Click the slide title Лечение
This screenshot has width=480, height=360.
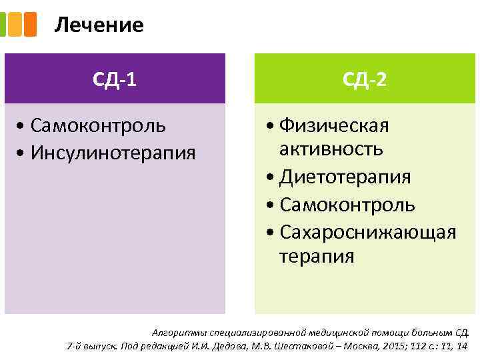99,25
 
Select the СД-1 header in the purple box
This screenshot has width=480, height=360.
115,80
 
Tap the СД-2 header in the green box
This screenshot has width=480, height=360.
364,80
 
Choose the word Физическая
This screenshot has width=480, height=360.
334,125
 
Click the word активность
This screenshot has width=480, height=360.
331,148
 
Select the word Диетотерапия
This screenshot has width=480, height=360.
345,177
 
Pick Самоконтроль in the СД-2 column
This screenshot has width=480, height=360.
347,205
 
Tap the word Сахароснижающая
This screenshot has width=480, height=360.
368,232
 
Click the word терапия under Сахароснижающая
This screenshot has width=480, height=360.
317,256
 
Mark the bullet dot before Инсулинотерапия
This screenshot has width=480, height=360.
23,153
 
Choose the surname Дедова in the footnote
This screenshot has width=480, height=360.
237,345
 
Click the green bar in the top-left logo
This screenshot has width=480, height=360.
3,25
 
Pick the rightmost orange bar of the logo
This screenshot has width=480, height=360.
31,25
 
